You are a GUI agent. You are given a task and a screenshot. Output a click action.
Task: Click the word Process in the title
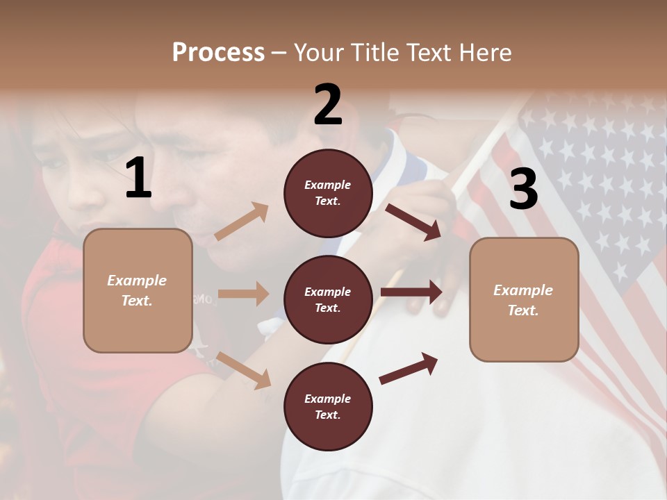(x=218, y=52)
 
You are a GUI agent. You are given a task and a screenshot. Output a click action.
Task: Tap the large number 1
(x=138, y=179)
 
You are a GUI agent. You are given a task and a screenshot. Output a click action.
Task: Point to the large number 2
(x=328, y=105)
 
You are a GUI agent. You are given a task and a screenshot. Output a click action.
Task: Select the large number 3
(x=523, y=189)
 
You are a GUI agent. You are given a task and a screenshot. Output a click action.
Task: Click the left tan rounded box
(x=138, y=290)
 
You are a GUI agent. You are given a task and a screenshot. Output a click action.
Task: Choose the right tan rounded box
(x=524, y=300)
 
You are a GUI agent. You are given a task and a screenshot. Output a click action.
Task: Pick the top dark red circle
(x=328, y=193)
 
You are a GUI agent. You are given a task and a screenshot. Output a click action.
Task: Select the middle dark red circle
(x=328, y=300)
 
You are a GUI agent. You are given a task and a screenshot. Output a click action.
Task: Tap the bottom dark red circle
(x=328, y=407)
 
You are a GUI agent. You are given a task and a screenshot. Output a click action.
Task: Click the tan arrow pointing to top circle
(x=242, y=221)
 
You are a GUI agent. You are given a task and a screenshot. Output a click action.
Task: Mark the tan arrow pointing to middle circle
(x=243, y=294)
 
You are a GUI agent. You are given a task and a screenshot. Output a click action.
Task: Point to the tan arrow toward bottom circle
(x=244, y=370)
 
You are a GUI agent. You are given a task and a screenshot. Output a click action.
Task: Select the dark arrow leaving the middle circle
(x=411, y=292)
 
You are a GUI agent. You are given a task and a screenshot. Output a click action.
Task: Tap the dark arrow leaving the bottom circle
(x=409, y=369)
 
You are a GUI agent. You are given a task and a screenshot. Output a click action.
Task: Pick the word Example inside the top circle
(x=328, y=185)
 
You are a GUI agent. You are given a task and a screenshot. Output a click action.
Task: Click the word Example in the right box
(x=523, y=290)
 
